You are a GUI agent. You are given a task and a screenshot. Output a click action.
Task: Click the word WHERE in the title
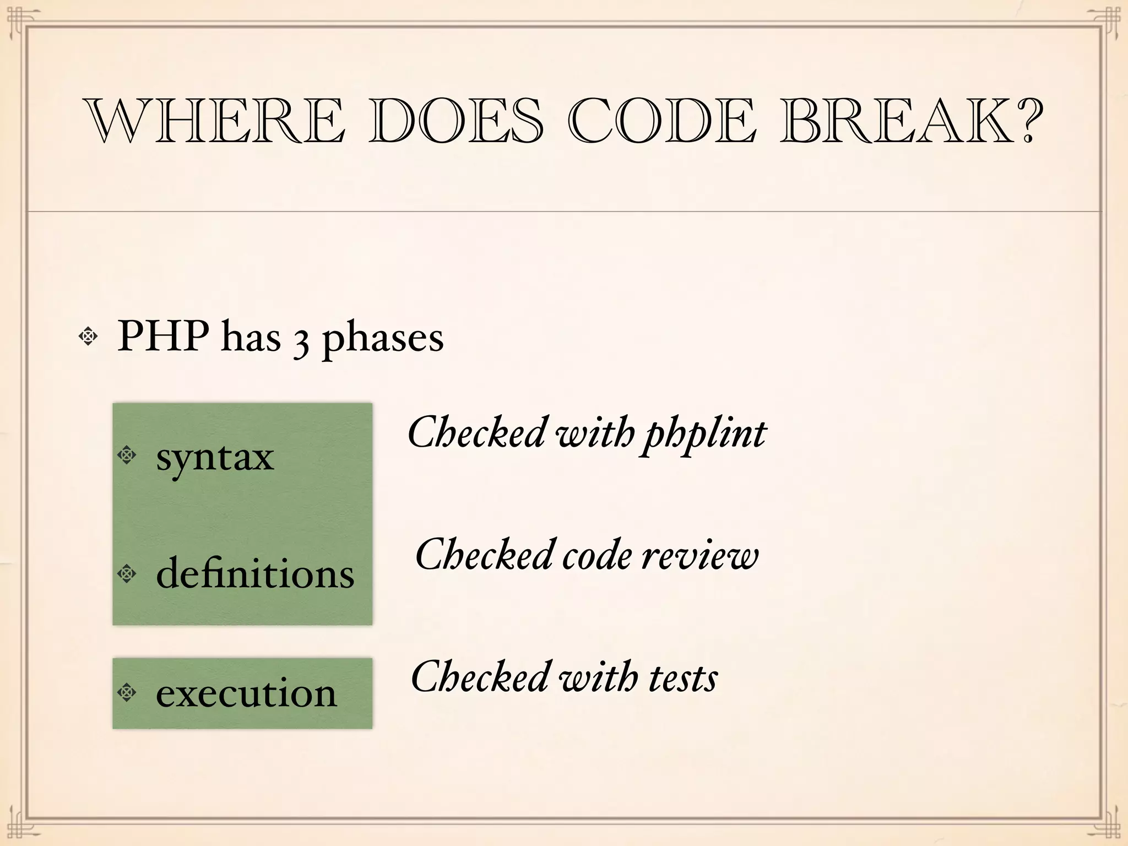(x=215, y=121)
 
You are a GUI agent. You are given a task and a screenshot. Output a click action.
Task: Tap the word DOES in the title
(x=456, y=121)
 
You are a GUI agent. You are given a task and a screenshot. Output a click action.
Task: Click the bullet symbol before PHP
(x=88, y=335)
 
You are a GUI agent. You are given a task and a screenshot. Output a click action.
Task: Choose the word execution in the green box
(x=246, y=693)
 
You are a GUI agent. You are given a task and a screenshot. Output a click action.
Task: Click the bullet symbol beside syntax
(x=127, y=455)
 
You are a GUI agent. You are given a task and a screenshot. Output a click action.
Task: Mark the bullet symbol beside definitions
(x=127, y=573)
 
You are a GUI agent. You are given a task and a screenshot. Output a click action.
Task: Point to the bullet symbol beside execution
(x=127, y=692)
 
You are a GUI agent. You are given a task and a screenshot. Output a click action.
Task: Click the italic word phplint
(x=706, y=435)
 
